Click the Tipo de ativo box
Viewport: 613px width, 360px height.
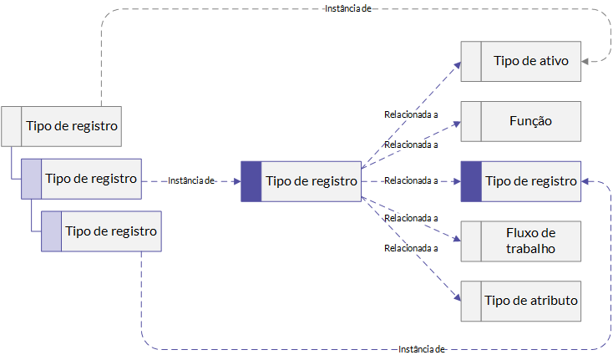point(521,61)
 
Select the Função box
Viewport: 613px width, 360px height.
point(521,122)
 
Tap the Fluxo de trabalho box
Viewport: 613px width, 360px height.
point(521,241)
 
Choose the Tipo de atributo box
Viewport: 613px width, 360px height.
point(521,301)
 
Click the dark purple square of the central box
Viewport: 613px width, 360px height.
point(251,181)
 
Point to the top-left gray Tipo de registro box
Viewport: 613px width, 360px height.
point(61,126)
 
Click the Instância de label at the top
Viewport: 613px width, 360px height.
point(348,8)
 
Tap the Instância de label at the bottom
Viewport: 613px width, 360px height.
point(422,349)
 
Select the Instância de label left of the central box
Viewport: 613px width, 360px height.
point(190,180)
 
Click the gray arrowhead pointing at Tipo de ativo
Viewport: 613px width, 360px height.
point(585,61)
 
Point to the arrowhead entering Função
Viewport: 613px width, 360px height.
point(457,124)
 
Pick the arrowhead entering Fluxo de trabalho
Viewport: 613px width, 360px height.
point(457,238)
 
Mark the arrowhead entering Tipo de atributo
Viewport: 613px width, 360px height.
point(458,297)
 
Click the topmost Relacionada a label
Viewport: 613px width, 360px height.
point(411,114)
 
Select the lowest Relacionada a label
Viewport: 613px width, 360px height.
point(411,248)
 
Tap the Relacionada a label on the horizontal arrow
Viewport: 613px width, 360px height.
point(411,180)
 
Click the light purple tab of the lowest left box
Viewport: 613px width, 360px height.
point(51,231)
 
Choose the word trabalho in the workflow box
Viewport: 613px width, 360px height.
point(530,249)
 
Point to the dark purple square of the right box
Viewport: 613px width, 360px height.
point(471,181)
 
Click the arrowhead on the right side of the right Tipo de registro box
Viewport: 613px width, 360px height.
point(585,181)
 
